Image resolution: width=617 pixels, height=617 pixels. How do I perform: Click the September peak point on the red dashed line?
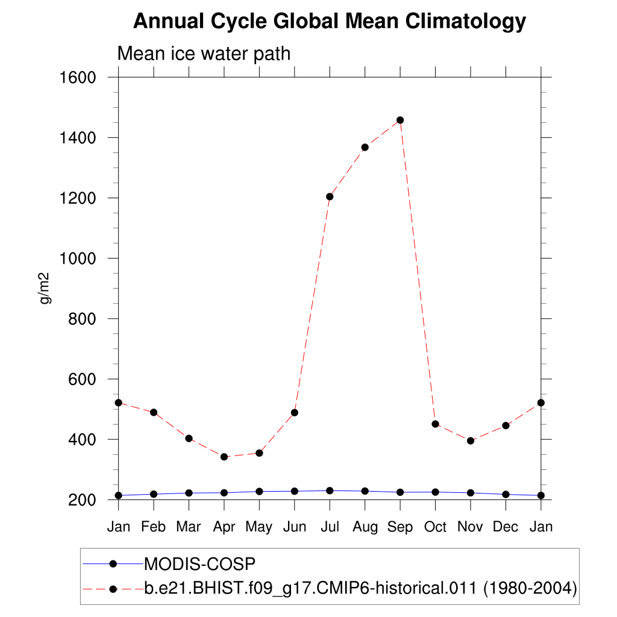coord(400,121)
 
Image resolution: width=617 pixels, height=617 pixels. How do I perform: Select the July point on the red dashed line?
coord(330,196)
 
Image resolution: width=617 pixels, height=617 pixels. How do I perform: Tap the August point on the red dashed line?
coord(365,147)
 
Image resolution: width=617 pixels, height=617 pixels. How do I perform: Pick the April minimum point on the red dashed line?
coord(224,457)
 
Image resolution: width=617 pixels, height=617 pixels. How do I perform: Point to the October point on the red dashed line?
coord(435,424)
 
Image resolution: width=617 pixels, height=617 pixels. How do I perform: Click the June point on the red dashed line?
coord(295,413)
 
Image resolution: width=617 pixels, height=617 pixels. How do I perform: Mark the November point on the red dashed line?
coord(471,440)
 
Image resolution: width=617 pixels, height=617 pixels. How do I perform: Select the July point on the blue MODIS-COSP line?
coord(330,490)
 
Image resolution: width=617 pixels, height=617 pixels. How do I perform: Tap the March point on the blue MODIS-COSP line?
coord(189,493)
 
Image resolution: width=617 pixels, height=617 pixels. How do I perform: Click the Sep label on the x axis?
coord(400,527)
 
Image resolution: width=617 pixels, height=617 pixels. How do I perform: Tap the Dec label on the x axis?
coord(506,527)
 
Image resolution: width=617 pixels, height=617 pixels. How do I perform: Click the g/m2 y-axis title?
coord(45,289)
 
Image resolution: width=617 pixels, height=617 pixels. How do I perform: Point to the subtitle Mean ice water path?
coord(204,54)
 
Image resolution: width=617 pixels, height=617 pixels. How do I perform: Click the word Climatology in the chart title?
coord(466,22)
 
